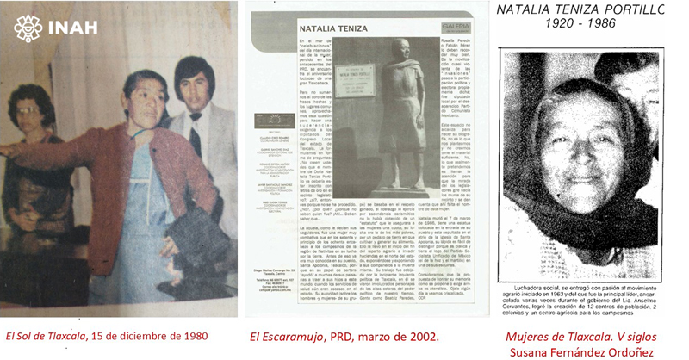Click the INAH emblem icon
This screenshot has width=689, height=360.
(x=28, y=28)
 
